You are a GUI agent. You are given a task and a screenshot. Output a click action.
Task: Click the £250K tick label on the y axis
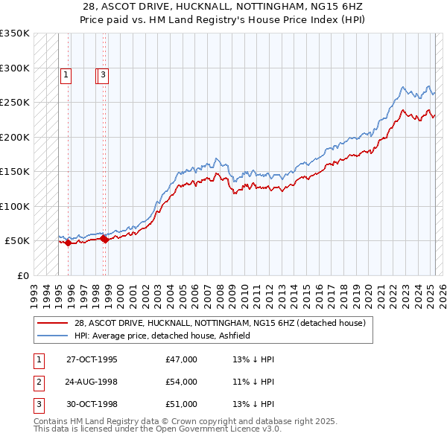pos(15,103)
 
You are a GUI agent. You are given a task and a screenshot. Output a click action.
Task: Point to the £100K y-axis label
pos(15,206)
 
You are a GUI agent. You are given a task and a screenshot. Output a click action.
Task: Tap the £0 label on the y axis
pos(22,275)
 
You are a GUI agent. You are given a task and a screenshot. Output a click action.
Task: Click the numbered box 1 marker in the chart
pos(66,74)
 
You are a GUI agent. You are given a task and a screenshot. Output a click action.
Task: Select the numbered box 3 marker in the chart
pos(103,74)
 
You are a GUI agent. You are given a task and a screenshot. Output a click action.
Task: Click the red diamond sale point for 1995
pos(68,243)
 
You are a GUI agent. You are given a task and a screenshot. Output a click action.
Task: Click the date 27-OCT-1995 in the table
pos(92,359)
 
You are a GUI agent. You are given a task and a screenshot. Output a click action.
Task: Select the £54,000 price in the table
pos(182,382)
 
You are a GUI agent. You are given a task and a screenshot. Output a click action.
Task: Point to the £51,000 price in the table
pos(182,404)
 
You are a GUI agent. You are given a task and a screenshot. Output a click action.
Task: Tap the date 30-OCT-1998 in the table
pos(92,404)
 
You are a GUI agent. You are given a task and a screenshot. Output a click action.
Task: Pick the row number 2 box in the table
pos(37,382)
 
